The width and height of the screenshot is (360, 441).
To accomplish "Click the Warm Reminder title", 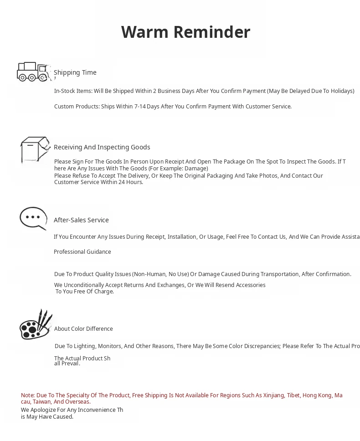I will click(x=185, y=32).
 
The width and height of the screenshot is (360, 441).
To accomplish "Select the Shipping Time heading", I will click(x=75, y=72).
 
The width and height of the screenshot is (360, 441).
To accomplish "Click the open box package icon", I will click(x=35, y=149).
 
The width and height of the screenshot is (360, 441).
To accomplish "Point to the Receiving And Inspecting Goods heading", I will click(x=102, y=147).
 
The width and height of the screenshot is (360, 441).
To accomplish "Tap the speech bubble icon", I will click(x=33, y=219).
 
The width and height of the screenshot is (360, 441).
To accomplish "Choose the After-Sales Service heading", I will click(x=81, y=220).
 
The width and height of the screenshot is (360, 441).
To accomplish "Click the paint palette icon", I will click(x=36, y=325).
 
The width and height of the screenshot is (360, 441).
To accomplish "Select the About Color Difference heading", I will click(x=83, y=329).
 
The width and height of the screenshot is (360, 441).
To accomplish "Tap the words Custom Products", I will click(x=73, y=107).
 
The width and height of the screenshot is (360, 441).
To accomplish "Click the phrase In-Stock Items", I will click(x=73, y=91).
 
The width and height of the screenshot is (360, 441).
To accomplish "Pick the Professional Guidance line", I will click(x=82, y=252).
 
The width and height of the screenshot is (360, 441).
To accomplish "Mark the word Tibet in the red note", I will click(x=293, y=395).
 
